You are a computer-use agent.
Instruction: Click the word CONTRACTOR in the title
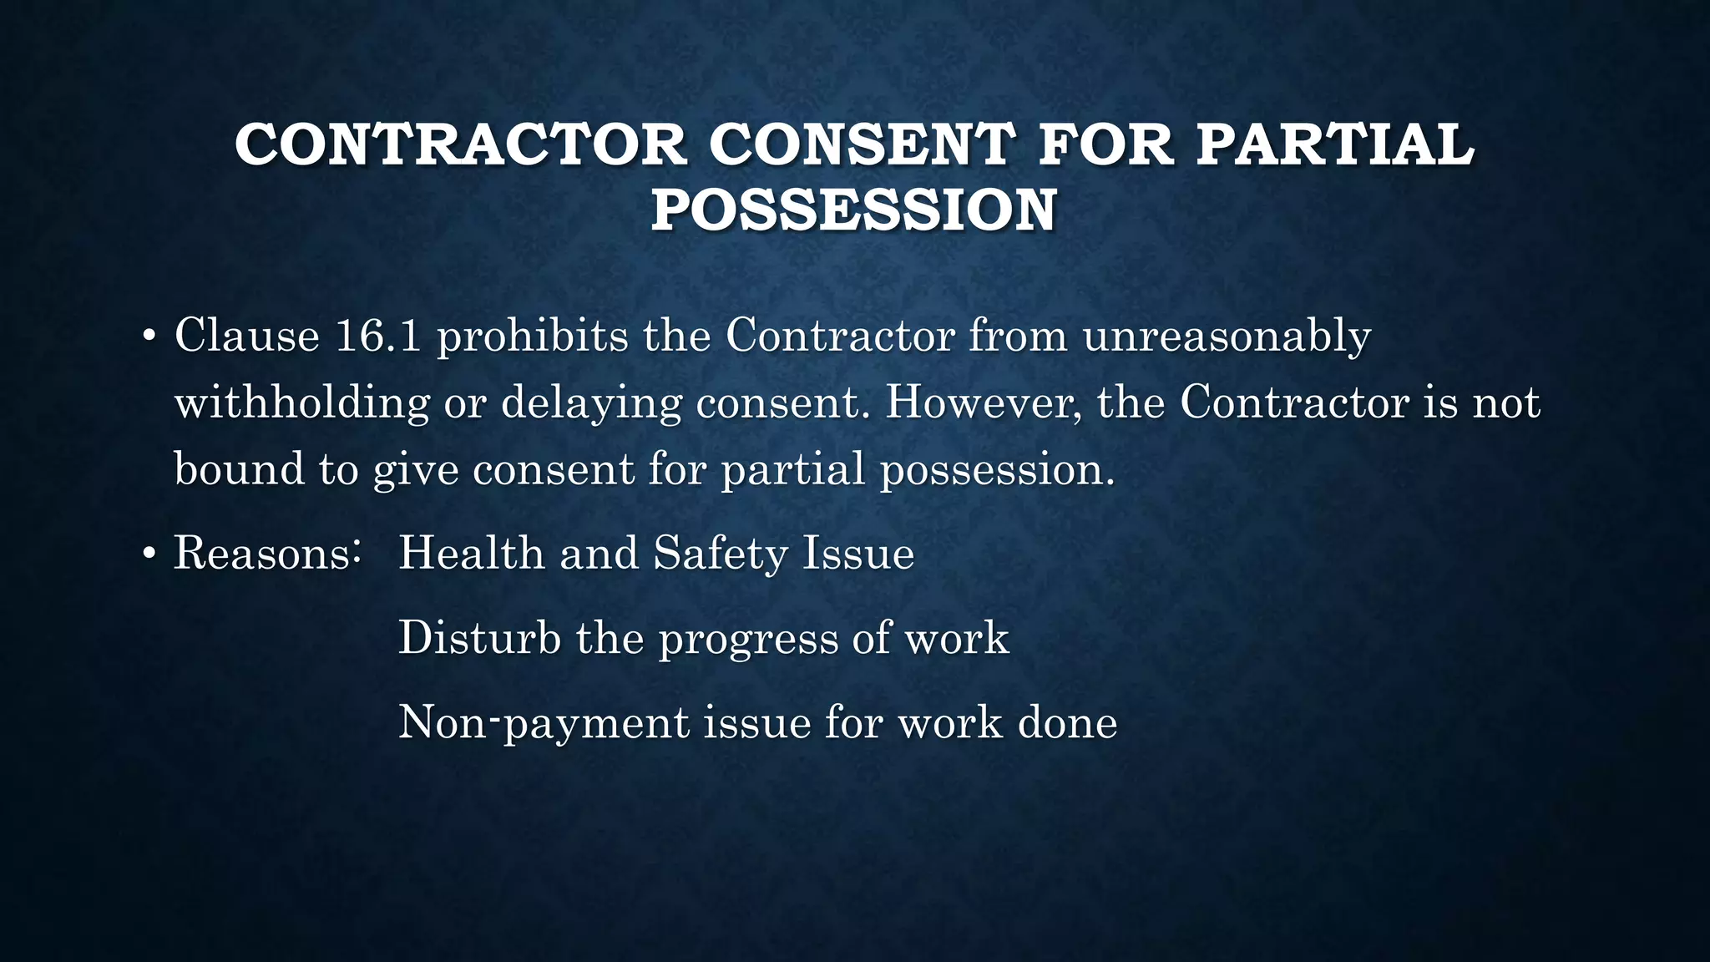click(x=461, y=144)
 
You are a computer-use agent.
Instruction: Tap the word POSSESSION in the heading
click(x=853, y=210)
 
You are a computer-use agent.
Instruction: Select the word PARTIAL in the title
click(x=1334, y=144)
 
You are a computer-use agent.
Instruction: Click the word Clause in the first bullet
click(x=247, y=336)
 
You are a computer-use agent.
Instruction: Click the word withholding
click(x=301, y=403)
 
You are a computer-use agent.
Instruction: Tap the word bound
click(x=239, y=468)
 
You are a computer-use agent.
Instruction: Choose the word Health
click(x=471, y=554)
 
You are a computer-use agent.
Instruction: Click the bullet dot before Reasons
click(x=149, y=555)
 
